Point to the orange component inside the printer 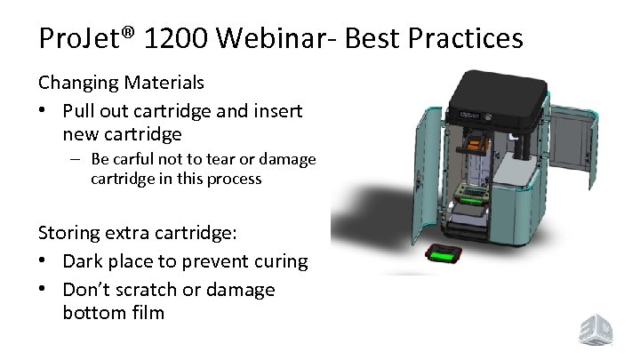point(477,141)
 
